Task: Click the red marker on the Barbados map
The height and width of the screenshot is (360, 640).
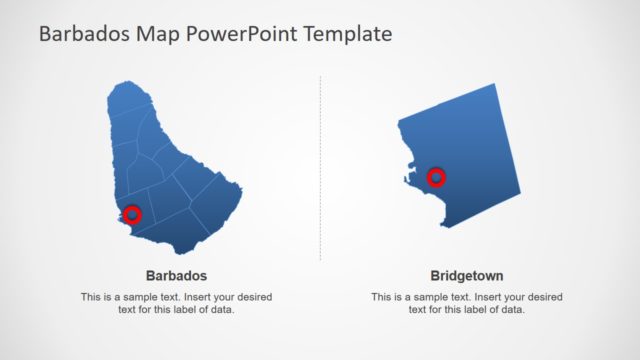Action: [x=131, y=213]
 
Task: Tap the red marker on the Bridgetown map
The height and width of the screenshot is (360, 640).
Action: [x=436, y=178]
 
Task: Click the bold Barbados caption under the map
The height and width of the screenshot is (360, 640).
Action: [x=176, y=275]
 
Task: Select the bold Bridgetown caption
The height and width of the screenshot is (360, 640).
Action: [x=466, y=275]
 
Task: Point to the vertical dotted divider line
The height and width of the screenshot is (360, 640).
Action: [x=321, y=170]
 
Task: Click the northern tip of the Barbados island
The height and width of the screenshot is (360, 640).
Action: [x=122, y=85]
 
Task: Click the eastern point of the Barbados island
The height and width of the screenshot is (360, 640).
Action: [x=241, y=196]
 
